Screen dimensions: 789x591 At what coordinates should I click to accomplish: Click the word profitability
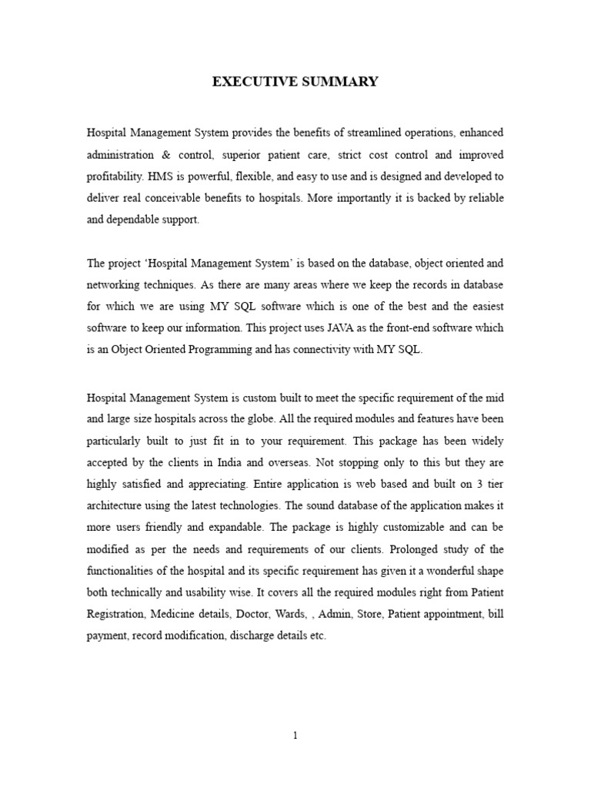tap(115, 176)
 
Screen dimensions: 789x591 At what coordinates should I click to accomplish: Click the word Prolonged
tap(416, 549)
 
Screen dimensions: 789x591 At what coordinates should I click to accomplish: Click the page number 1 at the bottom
tap(295, 736)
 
